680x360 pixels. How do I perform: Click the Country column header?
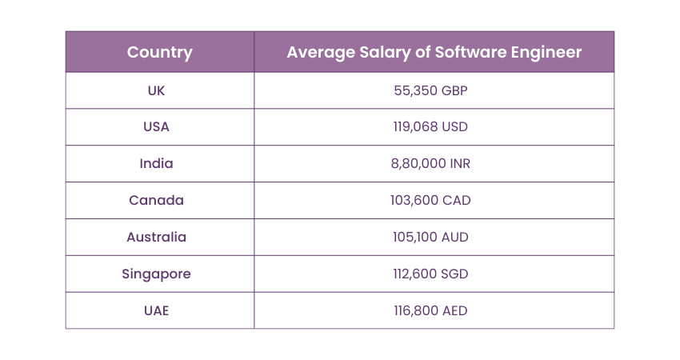pyautogui.click(x=160, y=53)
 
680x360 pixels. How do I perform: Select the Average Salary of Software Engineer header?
pyautogui.click(x=434, y=53)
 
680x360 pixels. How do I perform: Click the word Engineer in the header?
pyautogui.click(x=547, y=53)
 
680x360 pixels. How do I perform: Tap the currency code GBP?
pyautogui.click(x=453, y=90)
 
